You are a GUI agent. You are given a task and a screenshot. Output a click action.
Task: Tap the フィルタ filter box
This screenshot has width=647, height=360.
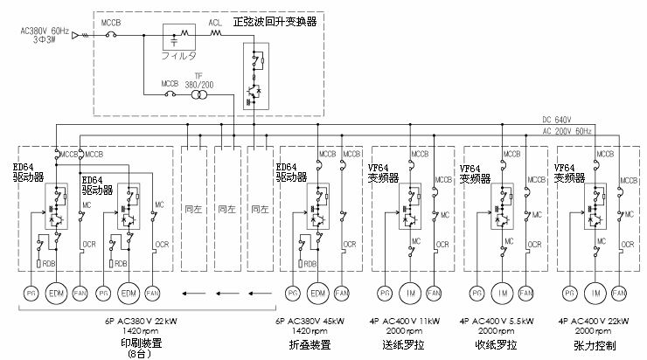point(183,42)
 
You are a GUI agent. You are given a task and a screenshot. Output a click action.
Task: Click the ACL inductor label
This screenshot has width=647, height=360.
point(215,24)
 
